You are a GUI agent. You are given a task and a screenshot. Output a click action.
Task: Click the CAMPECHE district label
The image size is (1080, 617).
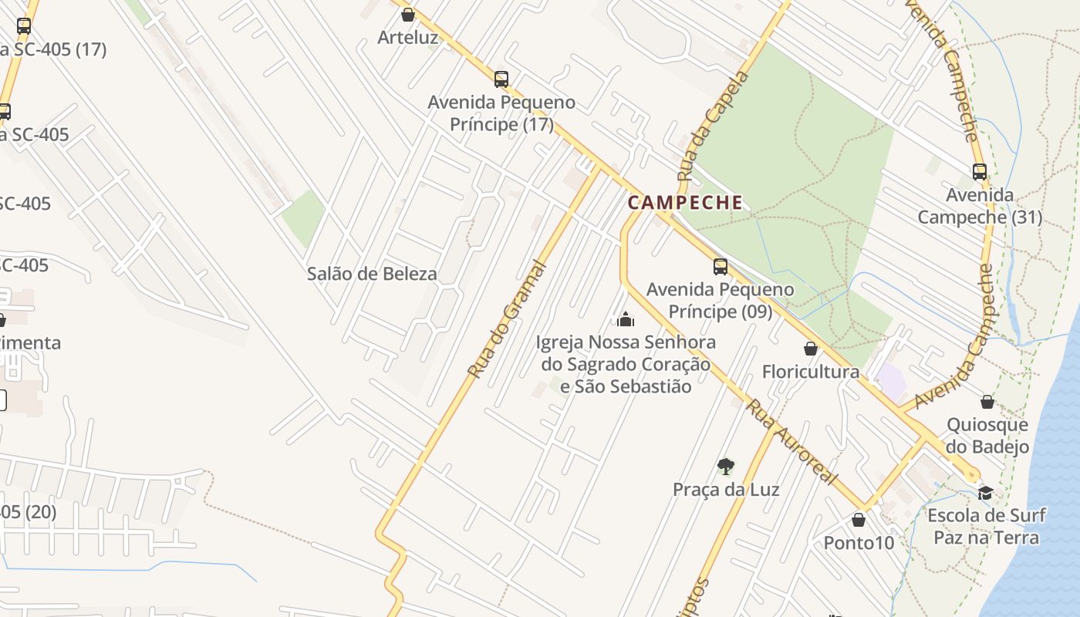(685, 203)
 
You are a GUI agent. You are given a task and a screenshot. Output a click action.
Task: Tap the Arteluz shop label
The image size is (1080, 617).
(408, 37)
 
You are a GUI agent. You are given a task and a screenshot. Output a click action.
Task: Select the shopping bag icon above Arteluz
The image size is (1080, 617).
(408, 14)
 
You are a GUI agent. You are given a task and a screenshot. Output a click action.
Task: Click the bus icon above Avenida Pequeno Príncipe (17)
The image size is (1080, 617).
(501, 79)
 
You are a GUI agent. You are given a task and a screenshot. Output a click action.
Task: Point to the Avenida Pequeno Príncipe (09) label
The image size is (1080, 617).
(720, 301)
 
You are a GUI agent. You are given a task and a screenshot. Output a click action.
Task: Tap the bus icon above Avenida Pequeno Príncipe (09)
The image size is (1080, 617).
(720, 267)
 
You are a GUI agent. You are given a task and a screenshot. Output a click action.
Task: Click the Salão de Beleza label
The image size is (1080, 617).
(372, 274)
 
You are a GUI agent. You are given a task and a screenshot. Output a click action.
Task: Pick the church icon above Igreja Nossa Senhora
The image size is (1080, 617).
(626, 319)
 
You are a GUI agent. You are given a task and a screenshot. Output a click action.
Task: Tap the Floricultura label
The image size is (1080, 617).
(811, 372)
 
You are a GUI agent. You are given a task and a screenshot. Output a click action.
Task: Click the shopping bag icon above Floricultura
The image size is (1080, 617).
(811, 349)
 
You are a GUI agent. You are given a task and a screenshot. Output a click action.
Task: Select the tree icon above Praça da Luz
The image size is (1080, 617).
(725, 466)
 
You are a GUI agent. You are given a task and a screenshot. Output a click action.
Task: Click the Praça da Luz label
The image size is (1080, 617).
(726, 490)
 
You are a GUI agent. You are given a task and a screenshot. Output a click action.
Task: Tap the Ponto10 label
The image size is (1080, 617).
(859, 543)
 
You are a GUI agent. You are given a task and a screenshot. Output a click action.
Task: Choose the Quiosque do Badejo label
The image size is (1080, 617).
(987, 436)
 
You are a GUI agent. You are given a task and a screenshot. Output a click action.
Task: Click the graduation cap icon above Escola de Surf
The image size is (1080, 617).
(985, 492)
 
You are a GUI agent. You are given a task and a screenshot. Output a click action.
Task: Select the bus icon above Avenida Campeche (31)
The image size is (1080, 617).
(979, 172)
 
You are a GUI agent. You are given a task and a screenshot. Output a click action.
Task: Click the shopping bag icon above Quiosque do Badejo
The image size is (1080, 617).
(987, 401)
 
